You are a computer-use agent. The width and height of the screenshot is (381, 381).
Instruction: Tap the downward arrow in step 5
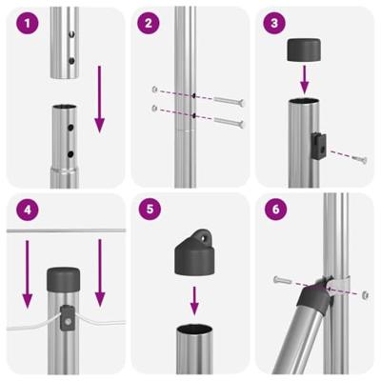point(195,301)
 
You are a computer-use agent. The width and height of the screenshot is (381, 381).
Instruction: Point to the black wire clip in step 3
point(318,140)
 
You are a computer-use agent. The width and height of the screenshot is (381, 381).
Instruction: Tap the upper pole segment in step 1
point(65,42)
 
